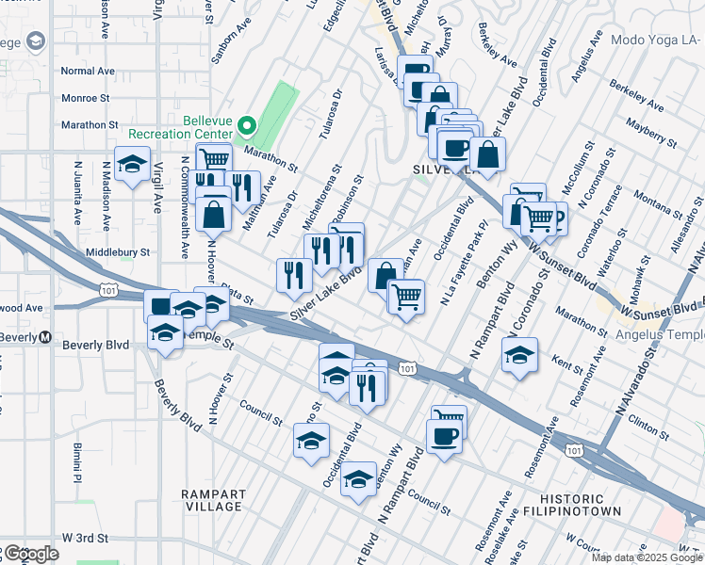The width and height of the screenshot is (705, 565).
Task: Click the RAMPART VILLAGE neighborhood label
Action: tap(215, 500)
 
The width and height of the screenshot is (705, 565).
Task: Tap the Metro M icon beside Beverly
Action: tap(44, 338)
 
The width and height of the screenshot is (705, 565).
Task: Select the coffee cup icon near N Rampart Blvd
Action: tap(443, 435)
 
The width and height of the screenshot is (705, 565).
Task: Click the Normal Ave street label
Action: tap(87, 71)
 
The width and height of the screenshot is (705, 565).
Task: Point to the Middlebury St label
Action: tap(118, 252)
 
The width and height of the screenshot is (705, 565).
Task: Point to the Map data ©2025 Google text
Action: tap(648, 557)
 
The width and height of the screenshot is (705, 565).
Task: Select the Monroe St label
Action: tap(86, 97)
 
